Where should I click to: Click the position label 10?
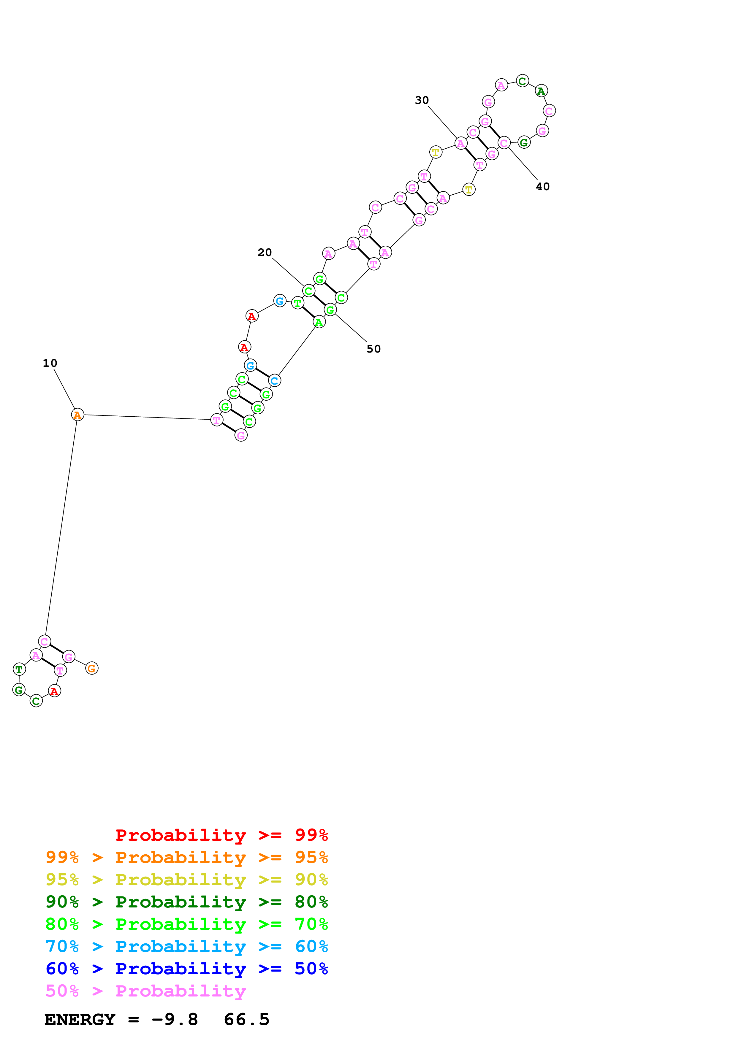[x=50, y=363]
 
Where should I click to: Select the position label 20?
[x=265, y=253]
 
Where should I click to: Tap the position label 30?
[x=422, y=100]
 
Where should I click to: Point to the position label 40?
[x=542, y=187]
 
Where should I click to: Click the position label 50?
[x=374, y=349]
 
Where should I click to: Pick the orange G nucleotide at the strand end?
[x=92, y=668]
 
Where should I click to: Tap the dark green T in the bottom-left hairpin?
[x=19, y=669]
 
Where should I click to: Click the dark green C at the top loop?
[x=523, y=81]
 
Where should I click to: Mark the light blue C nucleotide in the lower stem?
[x=274, y=380]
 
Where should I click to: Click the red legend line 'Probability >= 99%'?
[x=221, y=835]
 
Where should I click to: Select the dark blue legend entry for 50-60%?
[x=186, y=969]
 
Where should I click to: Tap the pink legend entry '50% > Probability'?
[x=145, y=991]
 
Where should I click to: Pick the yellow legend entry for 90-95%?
[x=186, y=880]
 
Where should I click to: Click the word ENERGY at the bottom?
[x=80, y=1020]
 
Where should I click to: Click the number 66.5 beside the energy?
[x=247, y=1020]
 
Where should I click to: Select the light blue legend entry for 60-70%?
[x=186, y=946]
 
